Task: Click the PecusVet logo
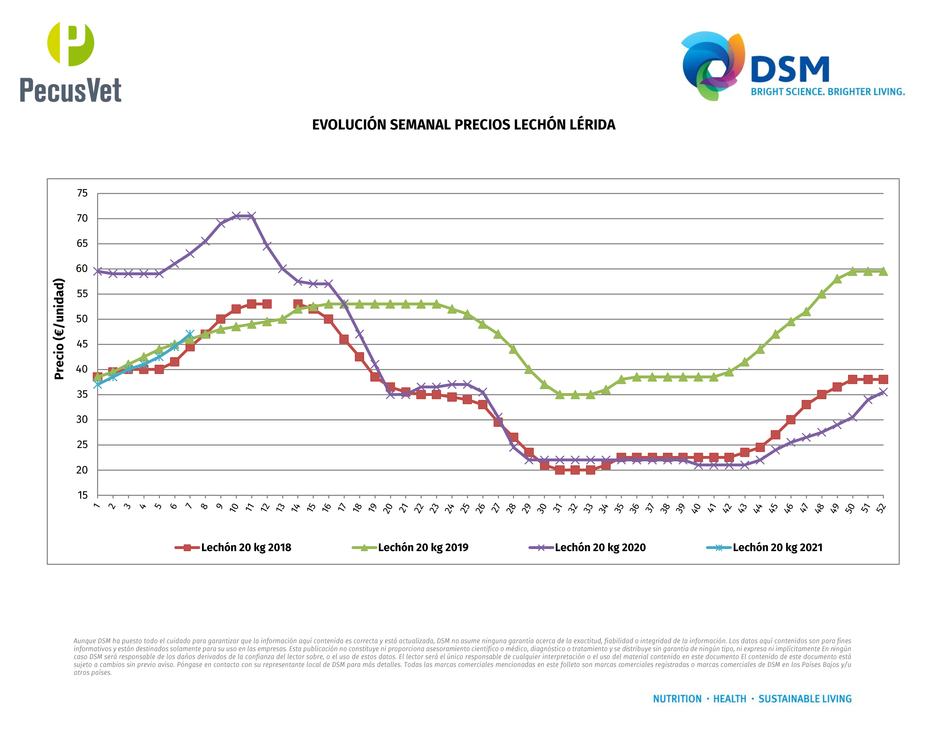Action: click(70, 62)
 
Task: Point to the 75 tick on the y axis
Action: click(82, 193)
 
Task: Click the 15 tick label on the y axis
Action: click(82, 495)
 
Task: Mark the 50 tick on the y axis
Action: click(82, 319)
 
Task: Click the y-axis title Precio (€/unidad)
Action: click(59, 329)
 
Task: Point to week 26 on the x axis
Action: click(481, 508)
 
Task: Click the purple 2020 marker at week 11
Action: click(252, 216)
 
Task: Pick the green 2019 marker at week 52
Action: click(883, 271)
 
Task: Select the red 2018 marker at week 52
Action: click(883, 379)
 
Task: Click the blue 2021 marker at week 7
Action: click(190, 335)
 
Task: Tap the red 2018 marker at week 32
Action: click(575, 470)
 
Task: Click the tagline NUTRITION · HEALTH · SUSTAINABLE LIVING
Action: click(752, 699)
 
